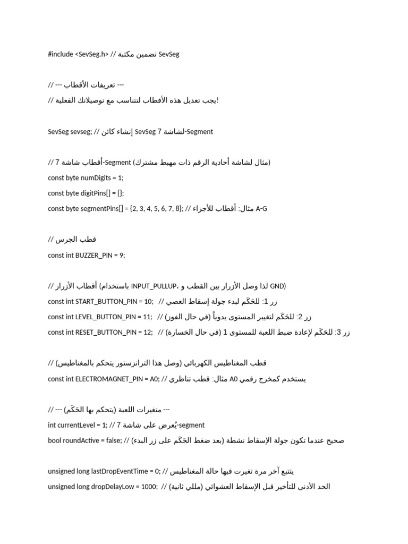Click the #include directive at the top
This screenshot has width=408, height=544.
pyautogui.click(x=61, y=54)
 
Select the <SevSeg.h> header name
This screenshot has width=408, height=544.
pyautogui.click(x=91, y=54)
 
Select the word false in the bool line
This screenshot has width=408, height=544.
pyautogui.click(x=123, y=440)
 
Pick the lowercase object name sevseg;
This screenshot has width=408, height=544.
pyautogui.click(x=80, y=132)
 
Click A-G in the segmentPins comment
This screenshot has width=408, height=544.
pyautogui.click(x=261, y=209)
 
